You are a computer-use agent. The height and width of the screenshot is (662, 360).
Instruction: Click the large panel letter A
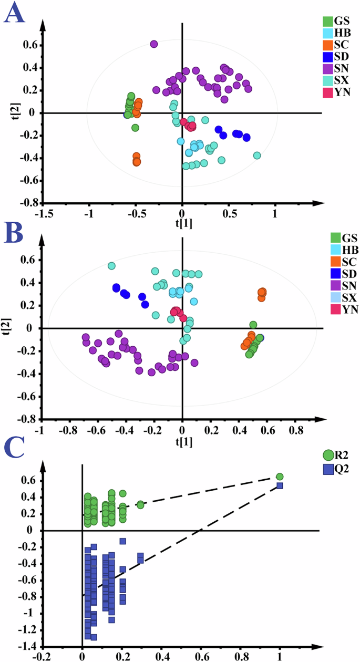click(x=14, y=14)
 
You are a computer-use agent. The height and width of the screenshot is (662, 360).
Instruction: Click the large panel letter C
click(x=14, y=448)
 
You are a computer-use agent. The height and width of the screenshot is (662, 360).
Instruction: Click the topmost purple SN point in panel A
click(x=154, y=44)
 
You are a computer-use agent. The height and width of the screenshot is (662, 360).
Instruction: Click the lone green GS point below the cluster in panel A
click(x=135, y=128)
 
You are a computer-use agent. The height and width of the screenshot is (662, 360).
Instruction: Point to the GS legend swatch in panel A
click(x=327, y=21)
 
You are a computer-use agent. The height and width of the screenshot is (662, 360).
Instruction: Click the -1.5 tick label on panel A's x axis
click(x=44, y=215)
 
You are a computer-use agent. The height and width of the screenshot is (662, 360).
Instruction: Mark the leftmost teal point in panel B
click(x=111, y=266)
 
